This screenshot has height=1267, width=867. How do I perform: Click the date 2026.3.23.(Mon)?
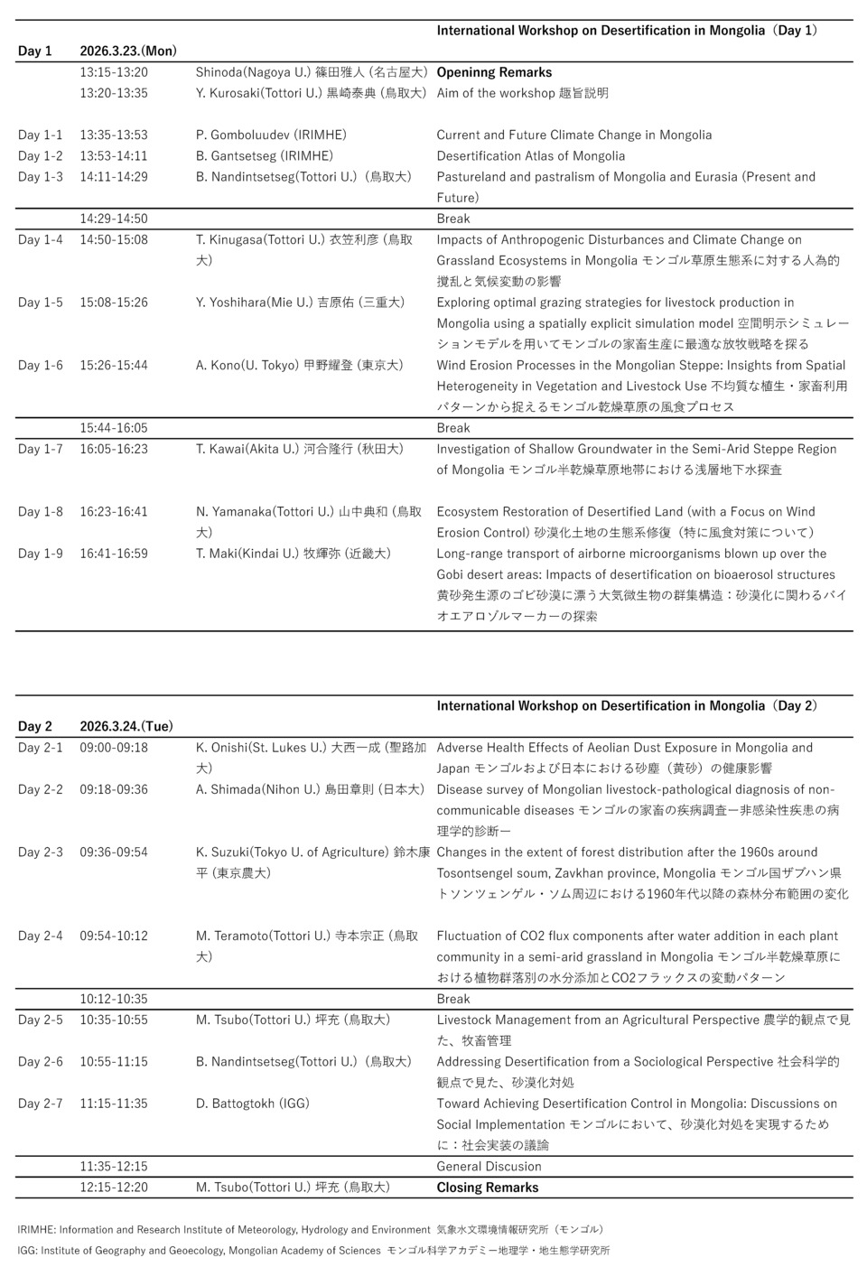coord(128,51)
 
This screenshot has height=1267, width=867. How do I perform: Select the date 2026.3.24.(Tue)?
coord(126,726)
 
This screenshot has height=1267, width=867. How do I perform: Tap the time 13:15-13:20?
coord(114,72)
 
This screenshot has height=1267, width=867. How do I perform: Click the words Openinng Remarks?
coord(494,72)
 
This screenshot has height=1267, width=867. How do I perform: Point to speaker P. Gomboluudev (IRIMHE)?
coord(271,135)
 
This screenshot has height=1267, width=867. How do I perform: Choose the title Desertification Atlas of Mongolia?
coord(530,156)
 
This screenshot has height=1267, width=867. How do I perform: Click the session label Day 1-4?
coord(41,239)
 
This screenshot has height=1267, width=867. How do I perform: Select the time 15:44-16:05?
coord(114,428)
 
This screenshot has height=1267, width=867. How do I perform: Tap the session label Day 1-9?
coord(41,554)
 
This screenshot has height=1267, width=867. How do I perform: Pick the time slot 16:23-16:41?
coord(114,511)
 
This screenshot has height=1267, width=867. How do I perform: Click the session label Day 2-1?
coord(41,748)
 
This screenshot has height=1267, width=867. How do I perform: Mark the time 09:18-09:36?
coord(114,789)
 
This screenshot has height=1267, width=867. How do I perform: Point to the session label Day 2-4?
coord(41,936)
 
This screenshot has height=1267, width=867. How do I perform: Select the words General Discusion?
coord(489,1166)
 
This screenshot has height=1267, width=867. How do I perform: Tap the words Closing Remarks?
coord(487,1188)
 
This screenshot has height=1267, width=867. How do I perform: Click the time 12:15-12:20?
coord(114,1188)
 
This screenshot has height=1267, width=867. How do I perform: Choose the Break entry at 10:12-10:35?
coord(453,999)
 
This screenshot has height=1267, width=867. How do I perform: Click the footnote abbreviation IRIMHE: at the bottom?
coord(36,1229)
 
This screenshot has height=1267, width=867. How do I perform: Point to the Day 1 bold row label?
coord(35,51)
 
